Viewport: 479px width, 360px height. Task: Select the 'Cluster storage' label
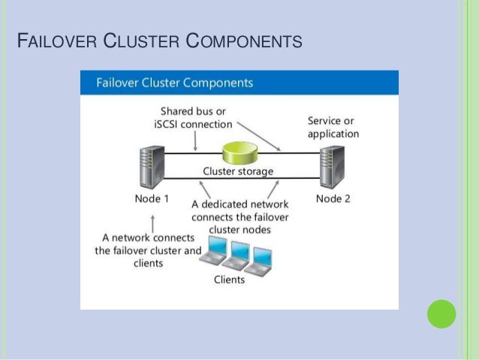239,172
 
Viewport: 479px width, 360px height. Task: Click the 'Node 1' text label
151,199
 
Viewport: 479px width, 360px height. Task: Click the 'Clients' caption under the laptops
229,280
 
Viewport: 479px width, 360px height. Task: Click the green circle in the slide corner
441,314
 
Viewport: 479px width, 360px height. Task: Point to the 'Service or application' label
333,127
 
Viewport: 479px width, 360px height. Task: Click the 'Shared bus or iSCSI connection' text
193,118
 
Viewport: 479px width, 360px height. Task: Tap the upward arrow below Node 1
153,222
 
